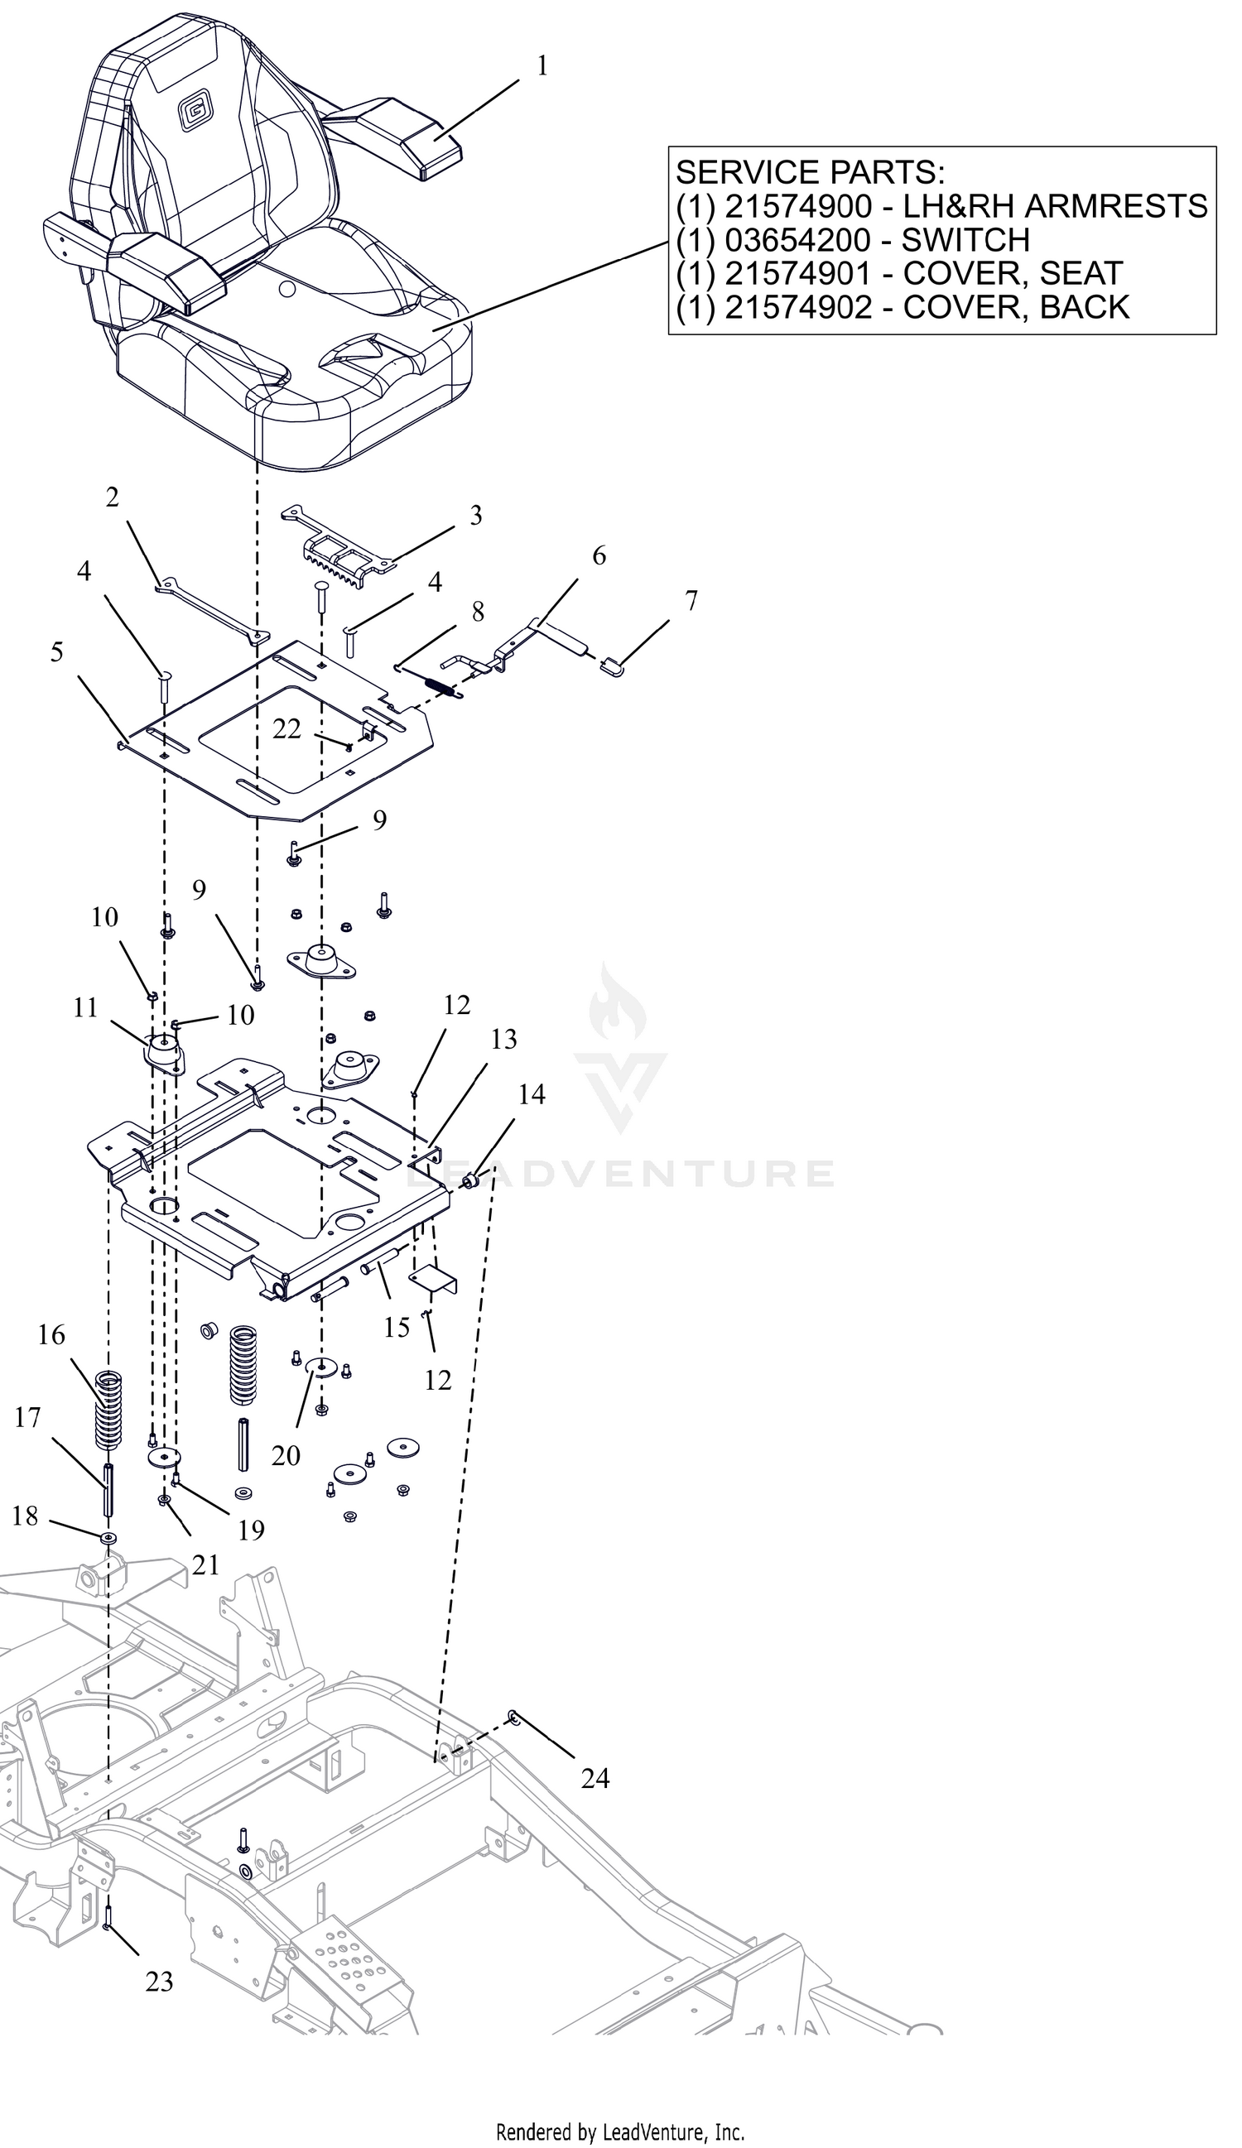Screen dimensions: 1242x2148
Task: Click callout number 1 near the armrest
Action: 542,66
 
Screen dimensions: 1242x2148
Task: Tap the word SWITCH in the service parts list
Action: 965,240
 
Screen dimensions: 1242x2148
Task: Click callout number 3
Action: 475,515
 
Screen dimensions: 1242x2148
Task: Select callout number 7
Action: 691,601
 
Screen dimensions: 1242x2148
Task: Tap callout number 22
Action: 287,728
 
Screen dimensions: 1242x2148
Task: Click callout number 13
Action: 503,1039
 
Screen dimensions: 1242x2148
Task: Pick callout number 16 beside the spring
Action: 51,1335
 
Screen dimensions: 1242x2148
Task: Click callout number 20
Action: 286,1455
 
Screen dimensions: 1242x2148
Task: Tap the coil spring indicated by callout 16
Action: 108,1409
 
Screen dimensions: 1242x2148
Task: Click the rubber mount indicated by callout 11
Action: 163,1053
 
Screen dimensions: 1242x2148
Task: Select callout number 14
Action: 532,1093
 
